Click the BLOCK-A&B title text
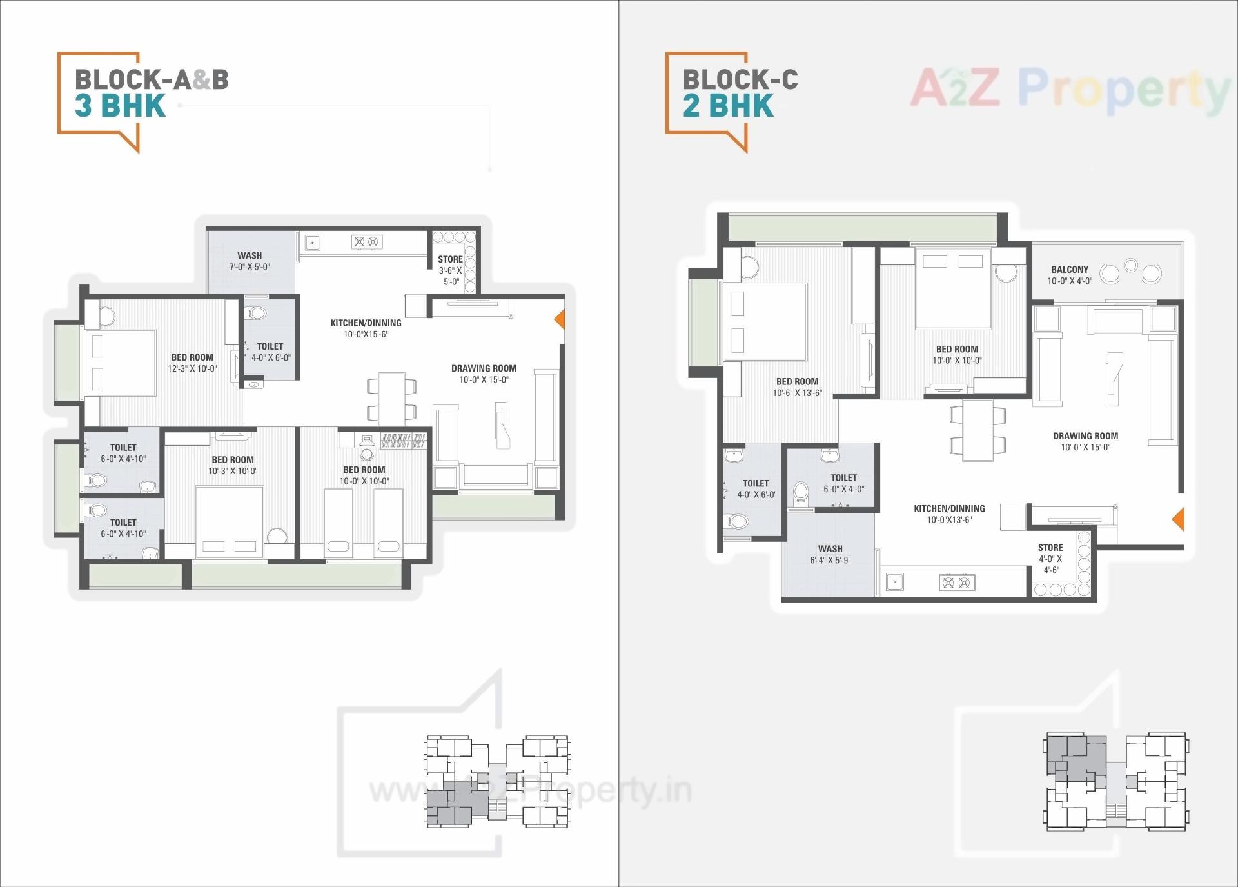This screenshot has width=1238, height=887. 152,79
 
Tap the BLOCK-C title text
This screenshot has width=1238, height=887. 740,79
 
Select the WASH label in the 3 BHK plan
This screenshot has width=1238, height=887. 250,255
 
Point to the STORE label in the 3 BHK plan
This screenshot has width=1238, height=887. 450,259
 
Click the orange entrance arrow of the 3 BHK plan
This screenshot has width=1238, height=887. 560,319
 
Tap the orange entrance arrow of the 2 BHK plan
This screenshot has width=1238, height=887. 1178,519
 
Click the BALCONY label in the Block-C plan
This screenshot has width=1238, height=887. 1070,270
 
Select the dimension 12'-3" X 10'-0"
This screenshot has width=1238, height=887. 192,369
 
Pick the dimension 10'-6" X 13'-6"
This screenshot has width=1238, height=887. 798,393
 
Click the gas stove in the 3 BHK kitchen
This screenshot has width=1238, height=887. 366,242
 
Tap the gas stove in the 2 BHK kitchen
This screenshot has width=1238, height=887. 956,583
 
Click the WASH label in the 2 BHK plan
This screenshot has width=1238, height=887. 830,549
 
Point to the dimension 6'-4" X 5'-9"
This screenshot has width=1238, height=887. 830,561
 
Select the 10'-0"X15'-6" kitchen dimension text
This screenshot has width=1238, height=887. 366,334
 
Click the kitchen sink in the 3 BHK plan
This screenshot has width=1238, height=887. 312,243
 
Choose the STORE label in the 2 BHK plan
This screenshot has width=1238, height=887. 1050,547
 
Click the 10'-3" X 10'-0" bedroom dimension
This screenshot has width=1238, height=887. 233,472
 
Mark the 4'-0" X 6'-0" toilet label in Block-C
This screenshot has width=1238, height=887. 756,495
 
